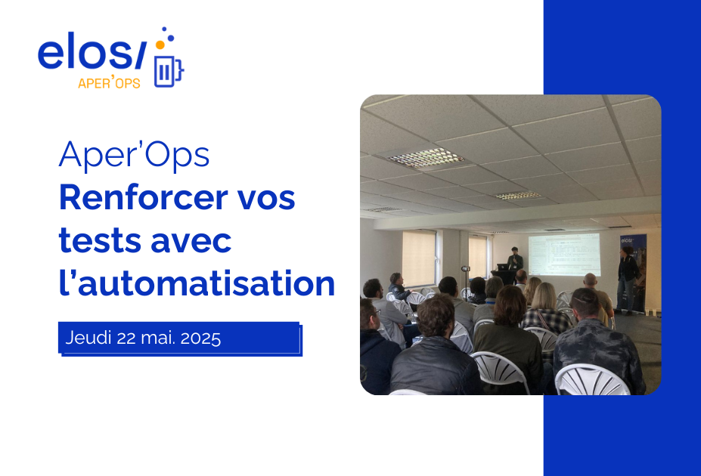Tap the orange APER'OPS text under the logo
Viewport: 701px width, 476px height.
click(x=109, y=84)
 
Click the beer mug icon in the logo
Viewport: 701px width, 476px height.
click(x=169, y=70)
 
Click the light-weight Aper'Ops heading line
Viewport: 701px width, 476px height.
click(x=134, y=156)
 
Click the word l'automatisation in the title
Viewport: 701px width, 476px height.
click(x=197, y=283)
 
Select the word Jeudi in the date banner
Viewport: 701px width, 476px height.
click(x=88, y=338)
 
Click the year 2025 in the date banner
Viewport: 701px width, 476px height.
click(x=200, y=338)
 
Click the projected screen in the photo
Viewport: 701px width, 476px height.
click(x=563, y=254)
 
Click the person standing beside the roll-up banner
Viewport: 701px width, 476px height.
click(x=627, y=276)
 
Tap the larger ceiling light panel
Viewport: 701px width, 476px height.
click(x=426, y=158)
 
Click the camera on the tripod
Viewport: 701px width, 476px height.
click(x=466, y=268)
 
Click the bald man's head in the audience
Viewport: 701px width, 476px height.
click(x=591, y=280)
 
